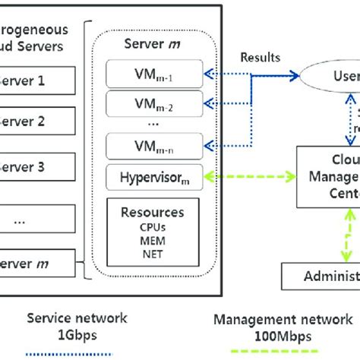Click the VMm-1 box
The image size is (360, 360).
tap(155, 75)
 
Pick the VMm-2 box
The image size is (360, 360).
tap(155, 103)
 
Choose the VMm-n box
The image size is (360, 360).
tap(155, 144)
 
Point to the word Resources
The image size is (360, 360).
tap(153, 213)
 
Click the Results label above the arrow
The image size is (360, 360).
tap(260, 57)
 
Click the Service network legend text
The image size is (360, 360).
tap(77, 319)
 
